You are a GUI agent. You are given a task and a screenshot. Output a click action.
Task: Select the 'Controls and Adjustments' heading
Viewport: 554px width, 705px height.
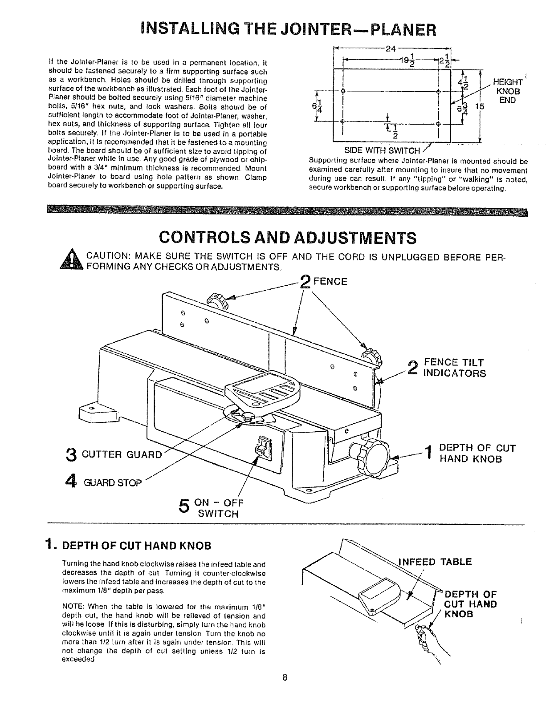click(x=288, y=238)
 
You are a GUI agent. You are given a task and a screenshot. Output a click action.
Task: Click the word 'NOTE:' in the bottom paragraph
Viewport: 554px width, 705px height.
click(x=73, y=607)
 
